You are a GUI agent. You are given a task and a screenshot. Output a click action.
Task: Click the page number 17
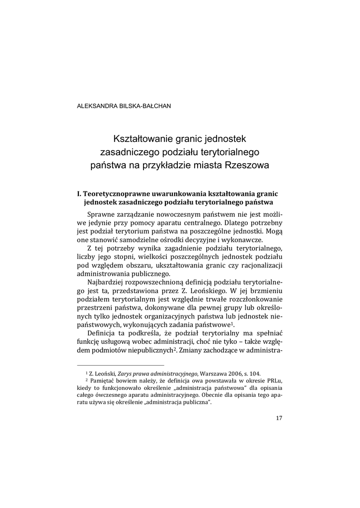coord(279,418)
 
